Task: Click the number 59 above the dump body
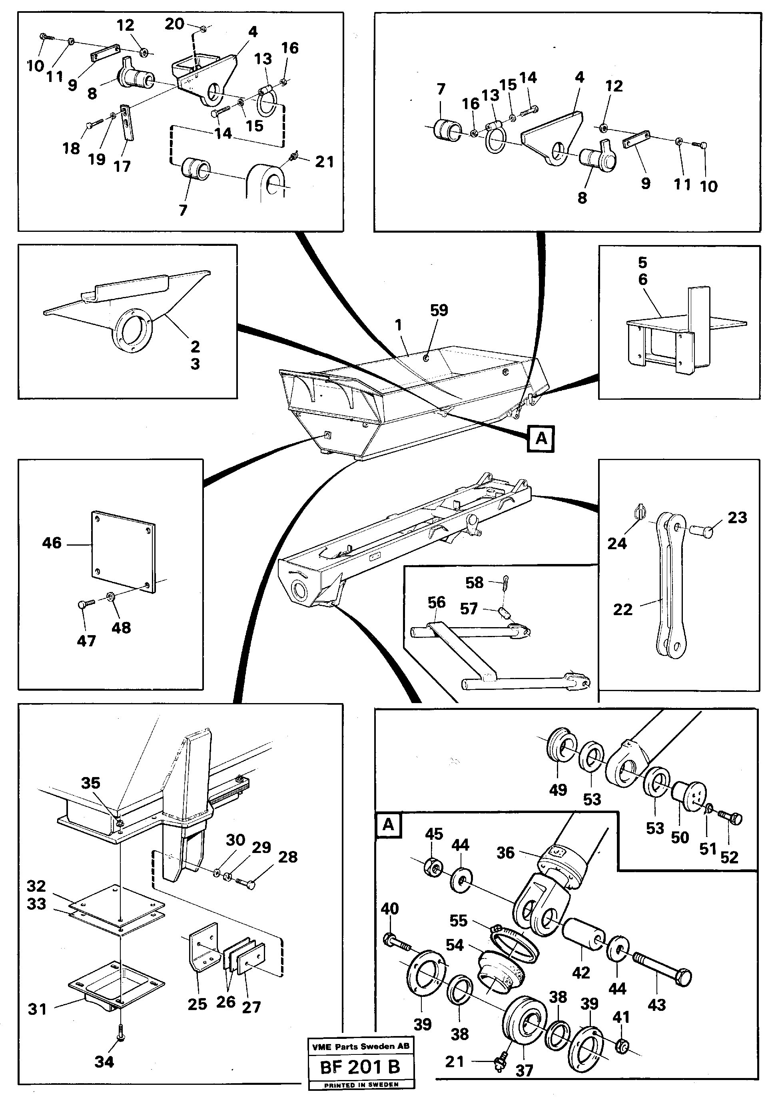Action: (x=439, y=310)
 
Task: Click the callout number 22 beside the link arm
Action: (x=622, y=610)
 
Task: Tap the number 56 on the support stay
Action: (x=436, y=602)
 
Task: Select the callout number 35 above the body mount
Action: (x=90, y=783)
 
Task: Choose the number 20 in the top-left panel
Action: (x=174, y=24)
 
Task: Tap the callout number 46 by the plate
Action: (x=52, y=543)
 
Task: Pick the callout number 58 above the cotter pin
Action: (x=474, y=582)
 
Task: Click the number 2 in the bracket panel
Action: (x=195, y=346)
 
